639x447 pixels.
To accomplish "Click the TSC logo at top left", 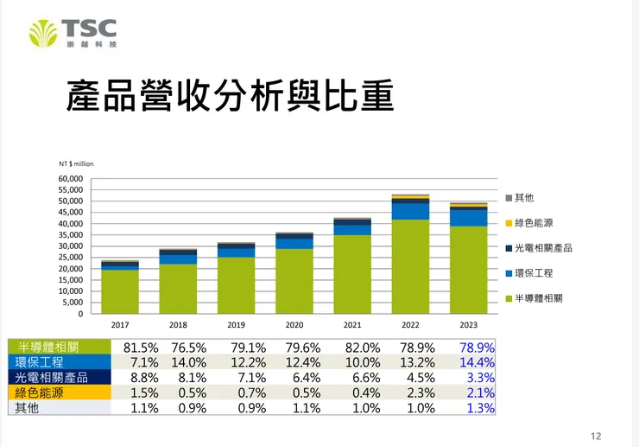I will coord(73,33).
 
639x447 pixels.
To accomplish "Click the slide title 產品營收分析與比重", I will coord(230,97).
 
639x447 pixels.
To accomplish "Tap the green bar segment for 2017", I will coord(119,291).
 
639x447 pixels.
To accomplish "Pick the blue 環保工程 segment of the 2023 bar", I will coord(468,218).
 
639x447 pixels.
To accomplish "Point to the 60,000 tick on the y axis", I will coord(71,179).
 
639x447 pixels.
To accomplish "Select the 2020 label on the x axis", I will coord(294,326).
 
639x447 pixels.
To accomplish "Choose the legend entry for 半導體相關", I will coord(537,297).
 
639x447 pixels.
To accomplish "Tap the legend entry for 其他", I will coord(523,198).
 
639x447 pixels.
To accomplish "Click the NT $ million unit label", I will coord(76,163).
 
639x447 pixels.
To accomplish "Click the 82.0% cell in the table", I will coord(364,347).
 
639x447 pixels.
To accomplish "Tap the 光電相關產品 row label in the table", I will coord(51,378).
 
